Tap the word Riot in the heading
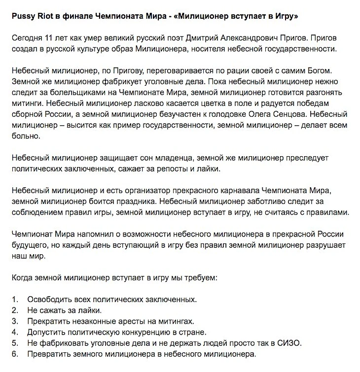[46, 17]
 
